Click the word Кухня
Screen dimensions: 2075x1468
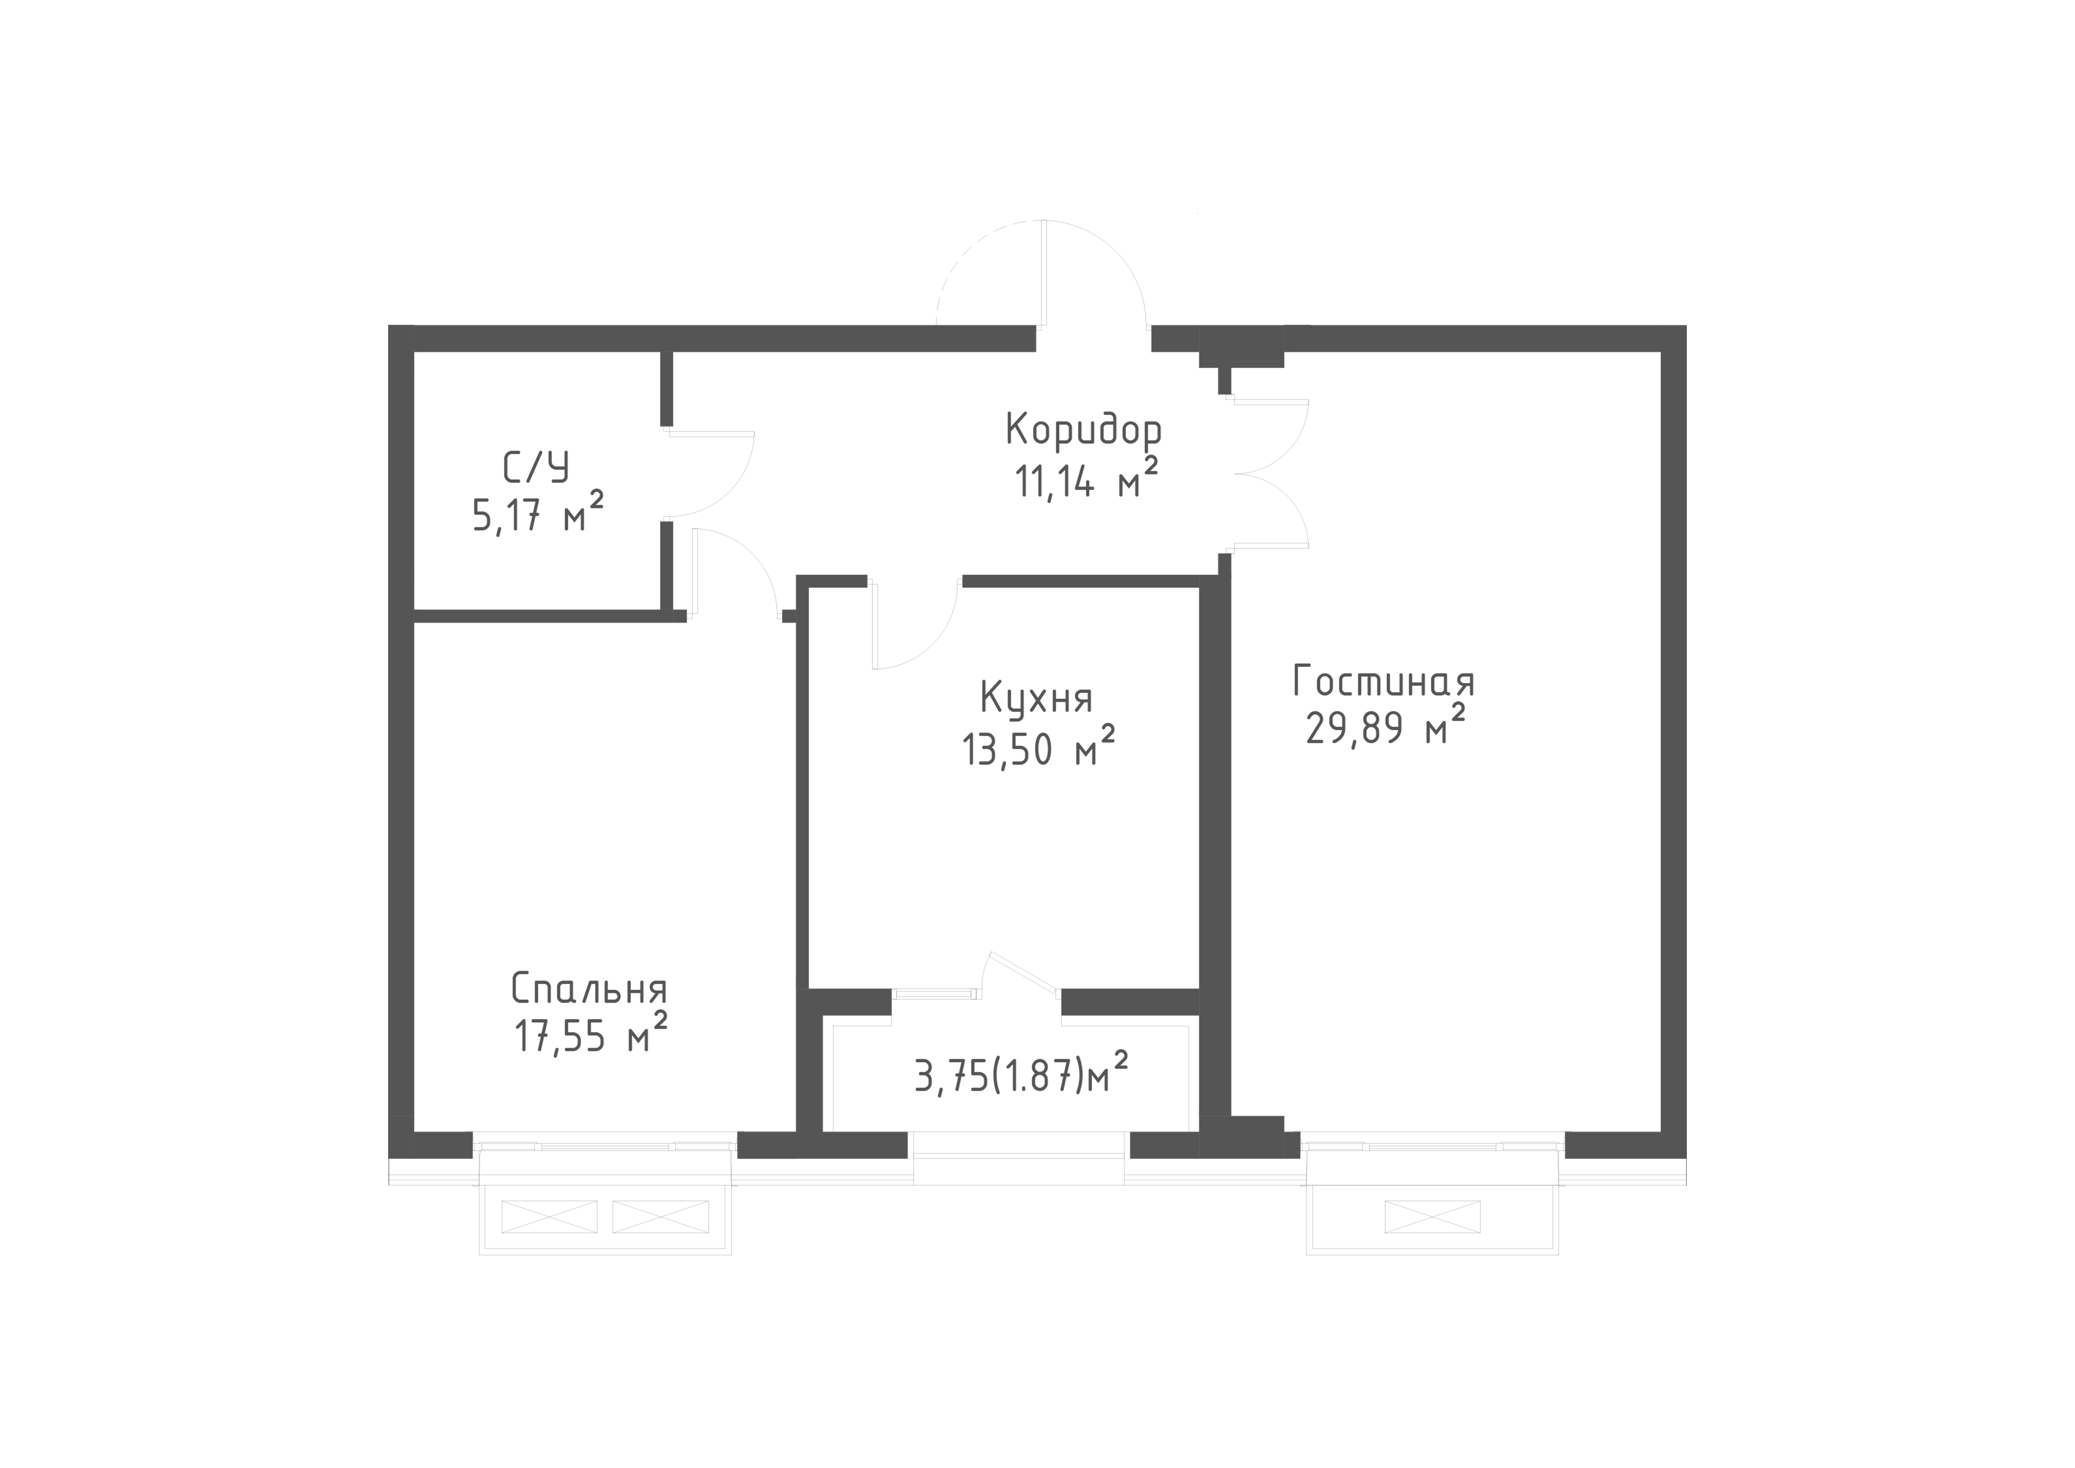tap(1036, 699)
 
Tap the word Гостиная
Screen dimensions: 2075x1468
tap(1384, 682)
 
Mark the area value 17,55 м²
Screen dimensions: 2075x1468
tap(591, 1034)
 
